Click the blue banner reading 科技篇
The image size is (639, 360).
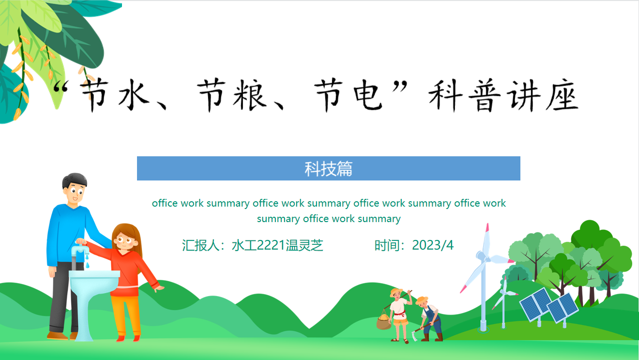pos(328,168)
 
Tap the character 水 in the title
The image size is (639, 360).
pos(134,95)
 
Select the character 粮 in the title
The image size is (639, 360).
pos(250,95)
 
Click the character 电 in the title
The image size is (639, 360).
pos(368,95)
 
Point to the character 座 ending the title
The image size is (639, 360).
pos(562,95)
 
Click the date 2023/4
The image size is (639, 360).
pos(432,245)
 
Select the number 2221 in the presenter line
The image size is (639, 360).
pos(271,245)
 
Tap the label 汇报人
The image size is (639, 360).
pos(200,245)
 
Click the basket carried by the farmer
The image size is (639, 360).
pos(384,321)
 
